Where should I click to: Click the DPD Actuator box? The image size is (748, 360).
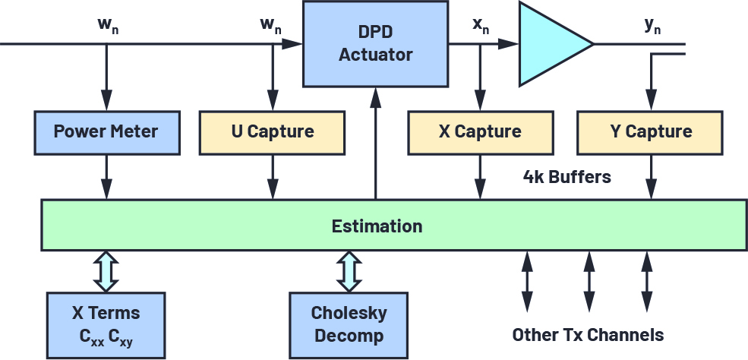[375, 44]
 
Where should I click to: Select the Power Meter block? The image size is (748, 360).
[106, 131]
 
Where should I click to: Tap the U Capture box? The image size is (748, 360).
[272, 131]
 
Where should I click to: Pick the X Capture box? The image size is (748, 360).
[480, 131]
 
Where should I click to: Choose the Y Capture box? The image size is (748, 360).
[651, 131]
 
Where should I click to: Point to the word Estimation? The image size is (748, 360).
[377, 226]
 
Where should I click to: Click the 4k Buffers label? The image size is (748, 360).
[567, 177]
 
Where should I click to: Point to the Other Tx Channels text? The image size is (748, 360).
[588, 335]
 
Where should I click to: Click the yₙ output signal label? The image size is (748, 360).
[652, 25]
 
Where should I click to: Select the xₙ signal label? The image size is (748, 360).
[481, 25]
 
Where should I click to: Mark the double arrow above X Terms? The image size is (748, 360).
[106, 270]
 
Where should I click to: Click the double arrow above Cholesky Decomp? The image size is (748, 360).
[349, 270]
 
